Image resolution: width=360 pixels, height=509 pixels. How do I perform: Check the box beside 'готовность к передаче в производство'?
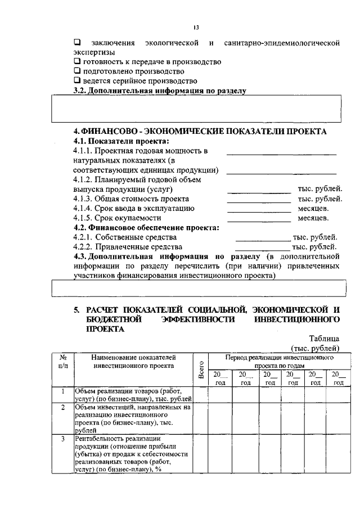coord(77,61)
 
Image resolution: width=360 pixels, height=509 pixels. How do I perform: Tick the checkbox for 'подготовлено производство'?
coord(77,71)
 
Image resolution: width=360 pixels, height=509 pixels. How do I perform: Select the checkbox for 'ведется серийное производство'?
coord(77,81)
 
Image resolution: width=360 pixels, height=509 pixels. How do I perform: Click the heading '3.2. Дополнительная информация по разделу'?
coord(160,91)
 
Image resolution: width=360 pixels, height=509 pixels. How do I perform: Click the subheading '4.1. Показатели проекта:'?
coord(121,141)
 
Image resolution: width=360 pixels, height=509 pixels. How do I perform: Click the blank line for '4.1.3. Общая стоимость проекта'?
coord(258,199)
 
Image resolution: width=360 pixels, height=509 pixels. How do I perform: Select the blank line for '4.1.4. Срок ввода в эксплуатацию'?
coord(258,209)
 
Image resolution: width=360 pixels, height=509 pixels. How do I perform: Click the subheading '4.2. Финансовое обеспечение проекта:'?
coord(146,228)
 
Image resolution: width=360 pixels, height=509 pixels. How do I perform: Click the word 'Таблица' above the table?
coord(324,338)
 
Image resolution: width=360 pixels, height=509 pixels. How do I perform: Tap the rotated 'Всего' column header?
coord(201,370)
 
